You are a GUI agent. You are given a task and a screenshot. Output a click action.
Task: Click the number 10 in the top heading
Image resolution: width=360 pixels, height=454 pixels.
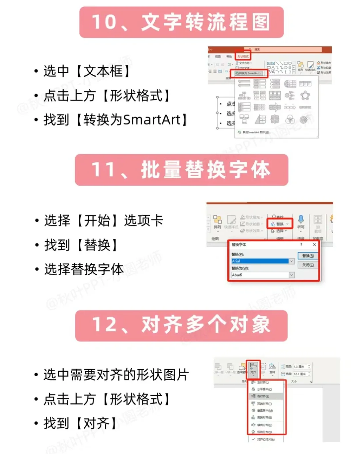(x=104, y=22)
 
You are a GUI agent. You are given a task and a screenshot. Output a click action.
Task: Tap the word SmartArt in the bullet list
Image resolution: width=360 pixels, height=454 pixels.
(x=152, y=120)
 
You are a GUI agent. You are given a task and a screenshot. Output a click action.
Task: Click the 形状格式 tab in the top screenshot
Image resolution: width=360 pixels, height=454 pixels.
(x=243, y=56)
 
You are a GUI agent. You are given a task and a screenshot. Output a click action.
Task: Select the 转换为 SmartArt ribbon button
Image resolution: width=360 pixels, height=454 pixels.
(x=249, y=73)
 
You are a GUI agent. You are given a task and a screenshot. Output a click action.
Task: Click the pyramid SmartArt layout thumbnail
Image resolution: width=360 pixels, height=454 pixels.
(x=260, y=119)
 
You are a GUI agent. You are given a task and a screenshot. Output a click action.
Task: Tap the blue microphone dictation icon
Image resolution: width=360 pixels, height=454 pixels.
(x=301, y=219)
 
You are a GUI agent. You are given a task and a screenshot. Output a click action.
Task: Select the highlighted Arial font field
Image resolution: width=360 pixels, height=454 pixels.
(x=260, y=261)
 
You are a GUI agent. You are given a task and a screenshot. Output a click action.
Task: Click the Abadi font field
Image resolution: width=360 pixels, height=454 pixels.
(x=260, y=275)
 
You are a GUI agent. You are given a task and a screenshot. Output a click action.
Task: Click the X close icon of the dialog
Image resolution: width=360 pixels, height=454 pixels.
(x=314, y=245)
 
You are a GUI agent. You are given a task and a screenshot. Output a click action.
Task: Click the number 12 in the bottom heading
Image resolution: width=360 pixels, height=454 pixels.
(x=105, y=325)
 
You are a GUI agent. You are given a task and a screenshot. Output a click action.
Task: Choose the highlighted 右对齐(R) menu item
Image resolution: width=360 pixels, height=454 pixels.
(x=263, y=396)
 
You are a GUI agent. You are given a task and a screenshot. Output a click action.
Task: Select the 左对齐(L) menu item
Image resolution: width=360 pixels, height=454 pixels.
(x=263, y=383)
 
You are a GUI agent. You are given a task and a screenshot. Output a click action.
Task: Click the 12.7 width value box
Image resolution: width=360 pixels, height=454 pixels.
(x=299, y=374)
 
